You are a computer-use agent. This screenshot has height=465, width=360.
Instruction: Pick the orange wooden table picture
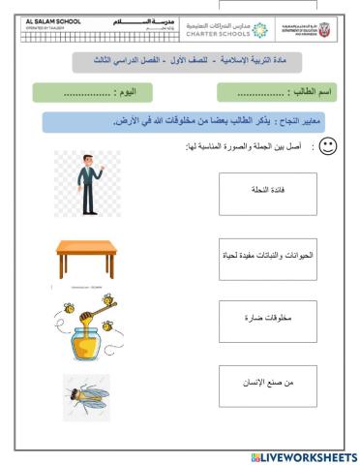tap(86, 259)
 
